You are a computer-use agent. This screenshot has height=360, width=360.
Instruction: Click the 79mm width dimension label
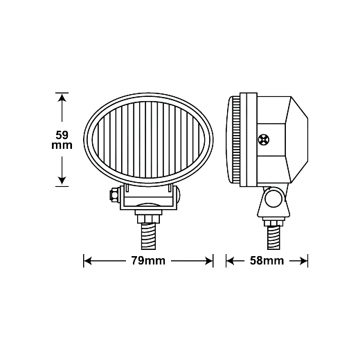[148, 261]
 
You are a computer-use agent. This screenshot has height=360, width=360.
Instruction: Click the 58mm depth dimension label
[267, 261]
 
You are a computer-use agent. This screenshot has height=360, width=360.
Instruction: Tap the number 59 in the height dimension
[62, 135]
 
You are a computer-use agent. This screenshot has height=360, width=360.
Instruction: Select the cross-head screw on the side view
[264, 140]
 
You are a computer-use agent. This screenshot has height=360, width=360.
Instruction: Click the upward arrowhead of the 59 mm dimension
[62, 98]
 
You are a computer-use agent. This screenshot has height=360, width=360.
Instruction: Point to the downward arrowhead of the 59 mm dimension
[62, 181]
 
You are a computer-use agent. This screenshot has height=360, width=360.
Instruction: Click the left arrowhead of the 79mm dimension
[88, 261]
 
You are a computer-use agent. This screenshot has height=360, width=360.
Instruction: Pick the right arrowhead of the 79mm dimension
[209, 261]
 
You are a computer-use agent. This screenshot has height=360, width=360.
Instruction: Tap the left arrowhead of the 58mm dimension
[231, 261]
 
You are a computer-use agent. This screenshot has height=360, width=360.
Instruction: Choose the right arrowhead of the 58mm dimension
[304, 261]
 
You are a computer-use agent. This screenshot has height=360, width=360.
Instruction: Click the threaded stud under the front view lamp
[148, 236]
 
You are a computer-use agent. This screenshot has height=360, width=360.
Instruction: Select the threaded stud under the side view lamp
[273, 237]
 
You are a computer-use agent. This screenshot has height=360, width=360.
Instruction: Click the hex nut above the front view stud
[149, 219]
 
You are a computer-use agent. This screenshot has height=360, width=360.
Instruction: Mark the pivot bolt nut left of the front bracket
[115, 195]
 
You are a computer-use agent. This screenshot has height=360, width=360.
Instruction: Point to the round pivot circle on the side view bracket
[273, 198]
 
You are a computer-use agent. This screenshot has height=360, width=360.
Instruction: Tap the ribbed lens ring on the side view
[236, 140]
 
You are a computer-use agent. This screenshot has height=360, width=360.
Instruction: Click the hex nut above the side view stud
[273, 223]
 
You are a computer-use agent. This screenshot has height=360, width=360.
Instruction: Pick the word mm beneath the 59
[62, 145]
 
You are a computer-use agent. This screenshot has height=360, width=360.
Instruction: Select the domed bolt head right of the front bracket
[179, 195]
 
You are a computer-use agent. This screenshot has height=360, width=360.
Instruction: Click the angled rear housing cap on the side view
[298, 140]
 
